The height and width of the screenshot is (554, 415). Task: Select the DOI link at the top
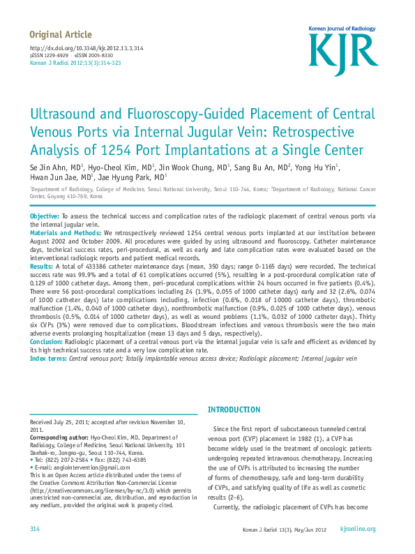(x=86, y=48)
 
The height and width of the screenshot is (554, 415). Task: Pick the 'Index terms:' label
(x=48, y=358)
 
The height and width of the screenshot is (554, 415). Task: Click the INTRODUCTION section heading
(x=234, y=410)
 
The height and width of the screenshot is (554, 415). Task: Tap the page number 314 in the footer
(x=35, y=530)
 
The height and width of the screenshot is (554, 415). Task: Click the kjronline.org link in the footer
(x=358, y=530)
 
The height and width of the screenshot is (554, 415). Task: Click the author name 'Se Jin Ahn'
(x=47, y=167)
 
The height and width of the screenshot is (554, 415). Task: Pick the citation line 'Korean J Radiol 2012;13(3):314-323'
(x=75, y=62)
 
